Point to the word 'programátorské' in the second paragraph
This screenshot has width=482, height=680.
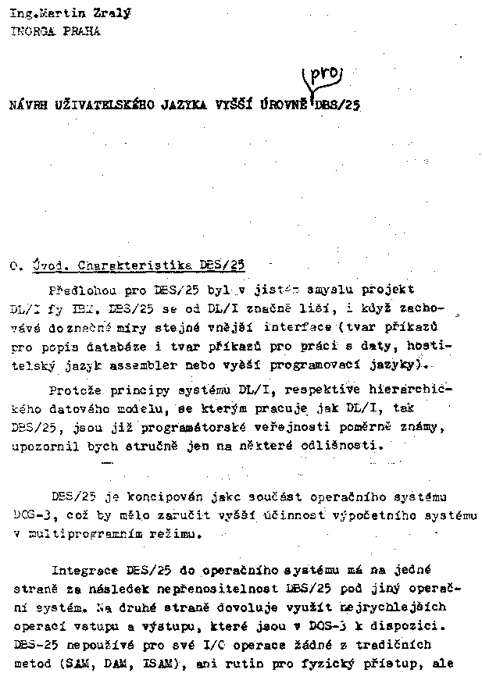pos(160,427)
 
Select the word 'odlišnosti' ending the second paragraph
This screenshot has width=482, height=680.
pos(348,446)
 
